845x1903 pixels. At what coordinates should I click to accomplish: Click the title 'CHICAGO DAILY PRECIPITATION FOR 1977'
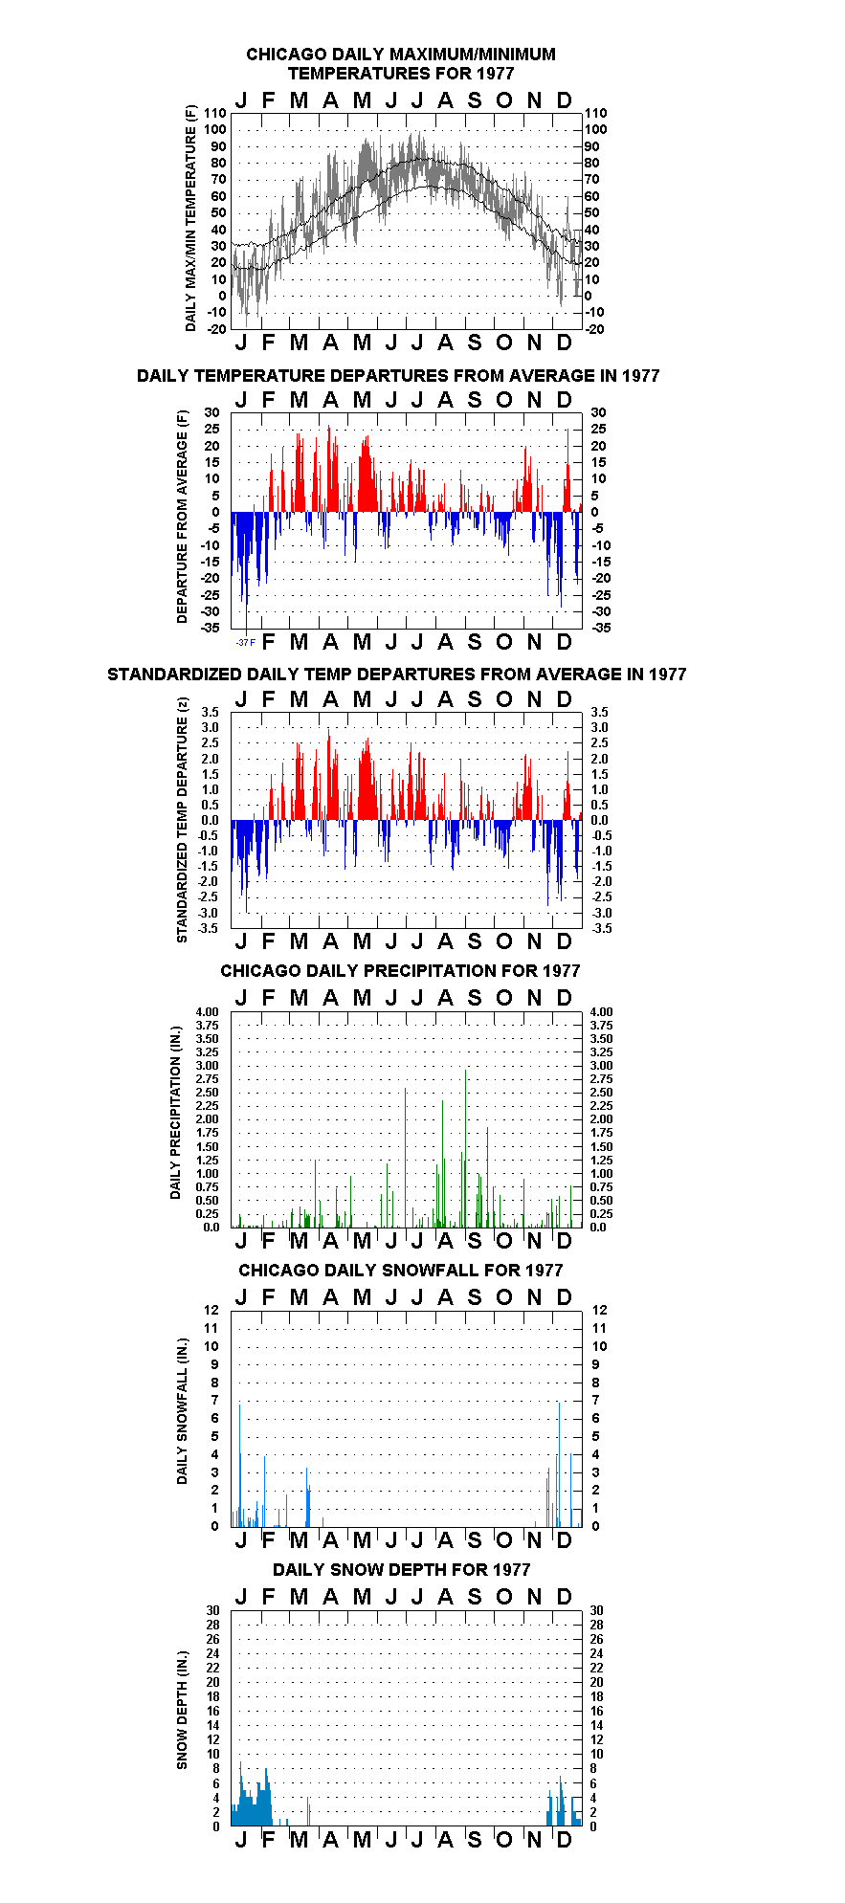point(400,971)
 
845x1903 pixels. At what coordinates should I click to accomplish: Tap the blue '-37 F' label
point(246,642)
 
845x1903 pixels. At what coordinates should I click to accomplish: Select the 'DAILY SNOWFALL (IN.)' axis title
point(182,1411)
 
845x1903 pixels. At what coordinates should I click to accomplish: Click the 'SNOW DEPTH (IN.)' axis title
point(182,1710)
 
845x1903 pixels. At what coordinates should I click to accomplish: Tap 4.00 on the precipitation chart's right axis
point(601,1011)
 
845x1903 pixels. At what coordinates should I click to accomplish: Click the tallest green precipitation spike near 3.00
point(466,1148)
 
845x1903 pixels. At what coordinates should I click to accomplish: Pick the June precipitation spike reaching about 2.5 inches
point(405,1158)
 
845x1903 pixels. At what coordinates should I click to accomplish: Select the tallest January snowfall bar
point(239,1465)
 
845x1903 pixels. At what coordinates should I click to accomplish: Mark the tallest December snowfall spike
point(559,1465)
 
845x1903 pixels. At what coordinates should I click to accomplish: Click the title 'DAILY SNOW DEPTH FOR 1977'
point(401,1570)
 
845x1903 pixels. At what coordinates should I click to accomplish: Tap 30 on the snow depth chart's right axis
point(597,1610)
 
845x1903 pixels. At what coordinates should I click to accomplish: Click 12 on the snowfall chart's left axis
point(211,1310)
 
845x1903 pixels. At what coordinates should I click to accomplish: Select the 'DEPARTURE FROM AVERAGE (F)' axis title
point(182,517)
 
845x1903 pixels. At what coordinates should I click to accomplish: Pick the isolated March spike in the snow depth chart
point(308,1811)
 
